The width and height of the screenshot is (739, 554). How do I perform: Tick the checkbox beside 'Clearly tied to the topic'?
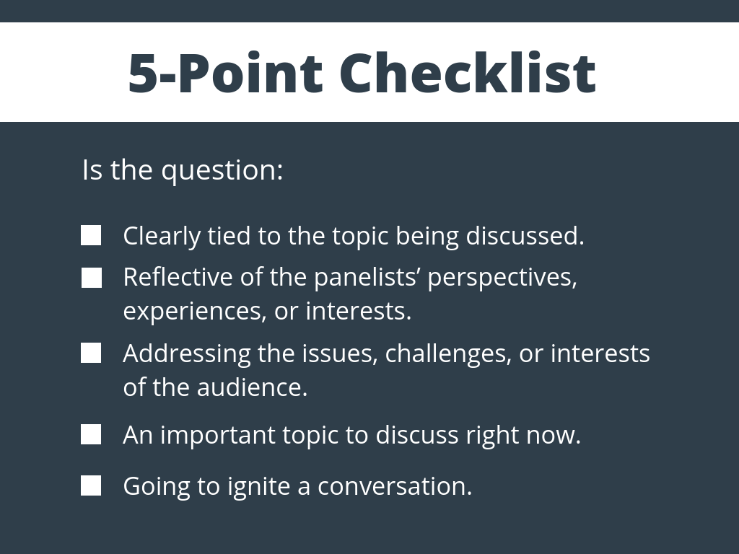pos(91,236)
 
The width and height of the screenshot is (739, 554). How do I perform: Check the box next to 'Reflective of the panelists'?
pos(91,278)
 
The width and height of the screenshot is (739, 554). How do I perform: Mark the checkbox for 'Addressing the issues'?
pos(91,353)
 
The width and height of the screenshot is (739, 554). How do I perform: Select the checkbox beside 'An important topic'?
pos(91,435)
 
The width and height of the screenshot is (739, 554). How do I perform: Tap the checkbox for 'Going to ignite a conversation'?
pos(91,485)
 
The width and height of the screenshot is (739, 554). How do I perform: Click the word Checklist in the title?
pos(467,73)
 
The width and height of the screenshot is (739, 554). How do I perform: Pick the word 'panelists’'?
pos(367,277)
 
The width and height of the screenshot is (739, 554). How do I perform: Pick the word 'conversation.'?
pos(395,486)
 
